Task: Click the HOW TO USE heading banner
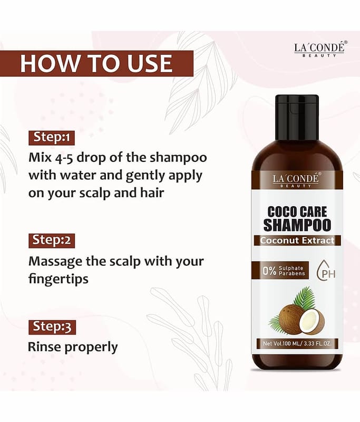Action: tap(96, 63)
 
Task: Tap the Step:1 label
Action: tap(52, 138)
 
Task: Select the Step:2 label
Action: tap(52, 241)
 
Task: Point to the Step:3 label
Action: tap(52, 327)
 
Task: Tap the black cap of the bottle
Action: tap(297, 117)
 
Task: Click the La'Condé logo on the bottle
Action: tap(296, 180)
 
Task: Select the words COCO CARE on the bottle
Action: tap(297, 212)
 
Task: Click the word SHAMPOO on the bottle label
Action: tap(297, 225)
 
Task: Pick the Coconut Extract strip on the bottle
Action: tap(297, 241)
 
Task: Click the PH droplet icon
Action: tap(326, 271)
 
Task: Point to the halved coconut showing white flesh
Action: tap(312, 322)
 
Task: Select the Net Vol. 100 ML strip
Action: tap(297, 343)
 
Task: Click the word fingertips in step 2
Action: tap(59, 279)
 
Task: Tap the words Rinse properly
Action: tap(73, 347)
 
